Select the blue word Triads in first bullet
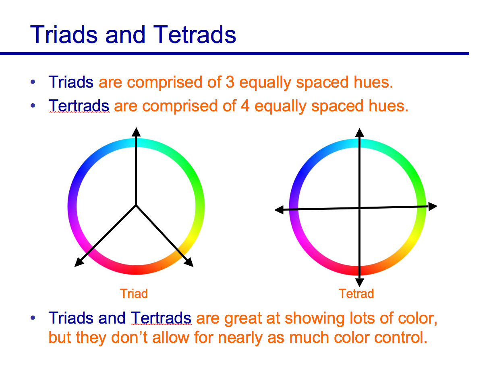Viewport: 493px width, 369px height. click(71, 82)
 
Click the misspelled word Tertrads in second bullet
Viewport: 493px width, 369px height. click(79, 106)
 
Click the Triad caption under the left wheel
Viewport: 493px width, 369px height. click(134, 293)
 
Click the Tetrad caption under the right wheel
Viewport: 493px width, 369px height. click(356, 293)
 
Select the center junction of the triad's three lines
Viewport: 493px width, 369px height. click(136, 205)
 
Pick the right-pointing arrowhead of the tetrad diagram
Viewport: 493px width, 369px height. click(433, 206)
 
